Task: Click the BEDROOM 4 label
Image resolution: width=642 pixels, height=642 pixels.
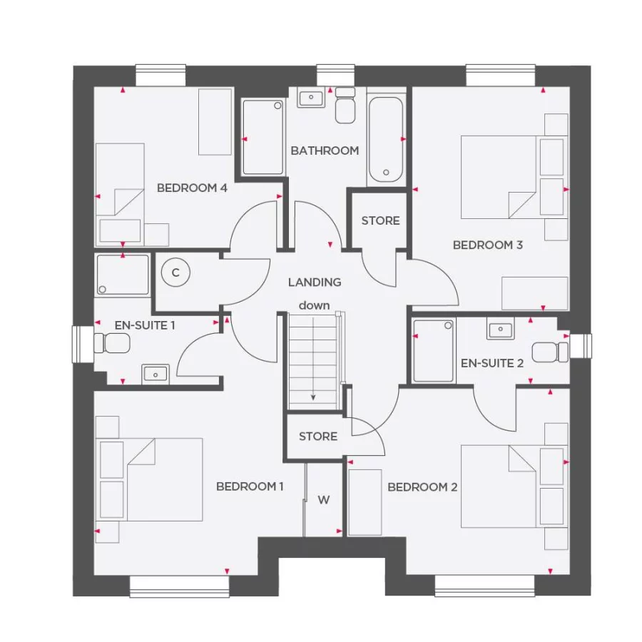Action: click(x=192, y=188)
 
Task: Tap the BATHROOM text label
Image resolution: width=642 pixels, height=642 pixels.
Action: click(x=325, y=151)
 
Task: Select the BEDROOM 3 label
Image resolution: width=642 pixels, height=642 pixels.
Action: click(x=488, y=245)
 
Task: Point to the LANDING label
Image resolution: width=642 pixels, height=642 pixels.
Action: click(x=315, y=282)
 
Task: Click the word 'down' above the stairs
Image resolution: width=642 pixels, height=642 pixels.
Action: click(x=314, y=305)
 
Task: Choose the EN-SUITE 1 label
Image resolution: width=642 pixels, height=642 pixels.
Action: click(x=146, y=325)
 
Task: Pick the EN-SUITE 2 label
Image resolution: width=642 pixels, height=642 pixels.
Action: click(x=492, y=363)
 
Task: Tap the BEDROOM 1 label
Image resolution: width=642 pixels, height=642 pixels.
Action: click(x=250, y=486)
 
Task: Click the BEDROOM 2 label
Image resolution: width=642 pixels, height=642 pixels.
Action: click(x=422, y=487)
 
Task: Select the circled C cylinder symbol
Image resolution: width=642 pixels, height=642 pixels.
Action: click(x=175, y=272)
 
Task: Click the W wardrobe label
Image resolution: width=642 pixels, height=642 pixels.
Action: click(x=324, y=500)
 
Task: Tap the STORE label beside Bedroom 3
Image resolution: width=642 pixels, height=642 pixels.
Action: click(x=380, y=221)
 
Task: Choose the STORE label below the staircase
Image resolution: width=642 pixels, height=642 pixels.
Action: click(x=318, y=436)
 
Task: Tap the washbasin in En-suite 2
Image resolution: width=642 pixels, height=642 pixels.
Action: click(x=500, y=330)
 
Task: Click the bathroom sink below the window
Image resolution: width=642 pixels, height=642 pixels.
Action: click(x=311, y=98)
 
